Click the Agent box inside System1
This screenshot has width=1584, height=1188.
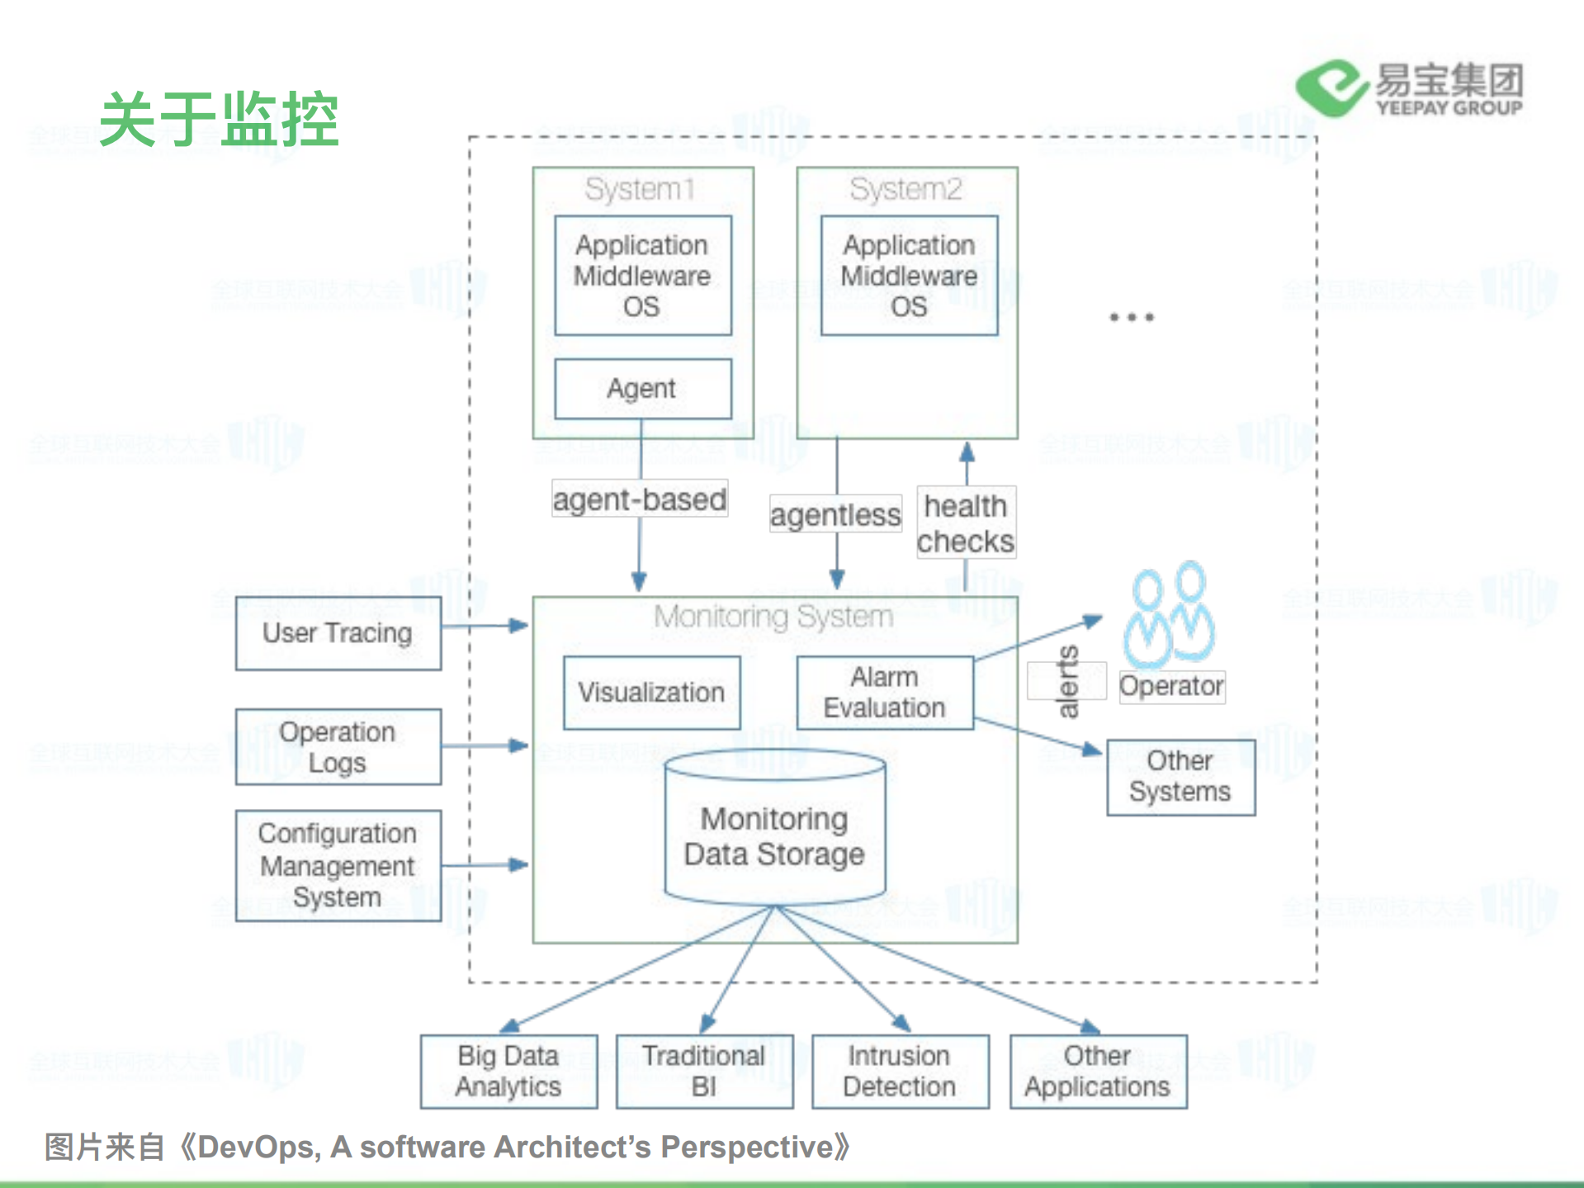(642, 388)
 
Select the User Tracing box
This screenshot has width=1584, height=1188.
(338, 633)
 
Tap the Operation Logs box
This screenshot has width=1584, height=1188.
(338, 747)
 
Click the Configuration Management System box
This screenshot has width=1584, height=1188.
(338, 865)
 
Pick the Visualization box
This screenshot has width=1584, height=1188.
(651, 692)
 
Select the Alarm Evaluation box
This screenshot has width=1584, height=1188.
(884, 692)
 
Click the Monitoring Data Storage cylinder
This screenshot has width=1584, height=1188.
(774, 834)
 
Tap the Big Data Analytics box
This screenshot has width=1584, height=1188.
(508, 1071)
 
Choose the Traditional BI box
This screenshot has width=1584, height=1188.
(704, 1071)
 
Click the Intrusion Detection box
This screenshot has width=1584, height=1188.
(900, 1071)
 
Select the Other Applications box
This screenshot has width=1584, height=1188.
(1098, 1071)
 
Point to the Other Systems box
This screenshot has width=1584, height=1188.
(1180, 777)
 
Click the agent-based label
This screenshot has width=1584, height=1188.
(640, 499)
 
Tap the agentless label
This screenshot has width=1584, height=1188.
(835, 514)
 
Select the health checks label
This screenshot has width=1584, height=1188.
(966, 523)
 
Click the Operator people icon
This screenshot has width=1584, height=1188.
(1169, 615)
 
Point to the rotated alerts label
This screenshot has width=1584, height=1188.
(1067, 681)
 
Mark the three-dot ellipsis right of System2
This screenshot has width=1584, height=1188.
(1132, 317)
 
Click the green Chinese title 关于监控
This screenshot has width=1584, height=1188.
(220, 120)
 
